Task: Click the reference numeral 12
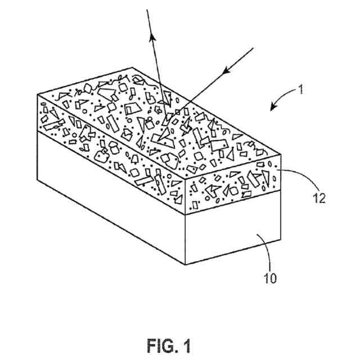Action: click(318, 198)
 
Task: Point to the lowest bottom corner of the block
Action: click(187, 264)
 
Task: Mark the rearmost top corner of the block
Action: click(132, 67)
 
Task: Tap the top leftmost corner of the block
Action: click(37, 94)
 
